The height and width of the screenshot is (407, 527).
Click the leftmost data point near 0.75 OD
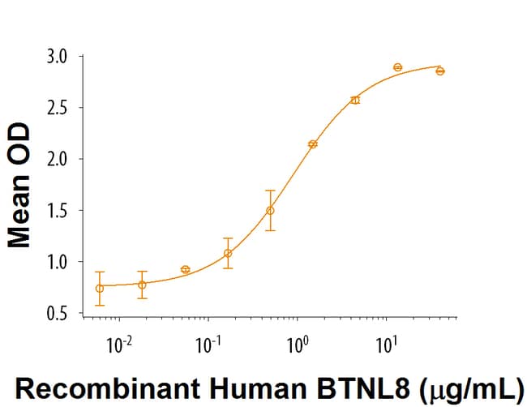tap(100, 288)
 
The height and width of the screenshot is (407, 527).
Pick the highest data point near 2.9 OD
tap(398, 67)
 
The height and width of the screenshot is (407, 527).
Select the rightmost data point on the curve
tap(440, 71)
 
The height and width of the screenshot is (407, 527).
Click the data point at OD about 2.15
tap(313, 144)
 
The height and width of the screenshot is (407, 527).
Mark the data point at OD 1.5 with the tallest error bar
tap(270, 211)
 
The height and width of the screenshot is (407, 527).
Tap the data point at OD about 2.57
tap(355, 101)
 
